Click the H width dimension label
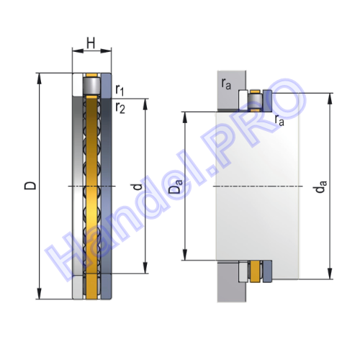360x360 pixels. click(91, 43)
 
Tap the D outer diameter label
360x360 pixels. click(30, 186)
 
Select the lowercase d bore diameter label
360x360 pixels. click(138, 186)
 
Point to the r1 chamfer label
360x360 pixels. click(120, 90)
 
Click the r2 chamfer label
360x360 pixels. click(120, 108)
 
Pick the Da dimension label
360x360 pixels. click(176, 186)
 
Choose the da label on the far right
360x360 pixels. click(321, 186)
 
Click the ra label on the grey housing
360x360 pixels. click(226, 84)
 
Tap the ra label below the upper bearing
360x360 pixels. click(279, 120)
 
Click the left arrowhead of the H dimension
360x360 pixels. click(78, 51)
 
